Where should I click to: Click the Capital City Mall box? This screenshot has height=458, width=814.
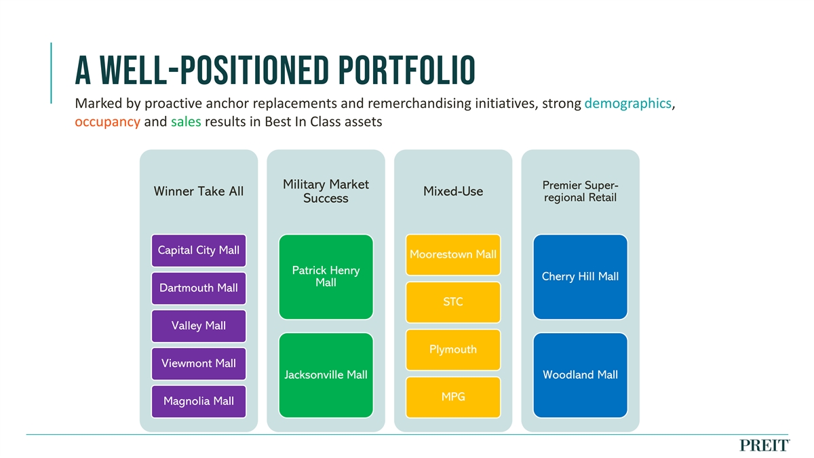(x=198, y=250)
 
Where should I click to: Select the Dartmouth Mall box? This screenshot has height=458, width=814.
(x=198, y=288)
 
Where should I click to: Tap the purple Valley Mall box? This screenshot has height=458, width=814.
(x=198, y=326)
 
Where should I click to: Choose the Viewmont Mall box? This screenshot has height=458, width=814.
(x=198, y=364)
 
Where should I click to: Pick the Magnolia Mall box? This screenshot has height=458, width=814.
(x=198, y=401)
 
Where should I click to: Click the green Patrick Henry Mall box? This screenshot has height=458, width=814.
(x=326, y=277)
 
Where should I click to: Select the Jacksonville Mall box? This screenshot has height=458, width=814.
(x=326, y=375)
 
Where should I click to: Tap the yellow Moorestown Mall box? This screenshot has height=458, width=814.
(x=453, y=255)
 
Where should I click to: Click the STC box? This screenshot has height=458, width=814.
(x=453, y=302)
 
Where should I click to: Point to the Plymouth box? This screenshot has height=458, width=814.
(x=453, y=349)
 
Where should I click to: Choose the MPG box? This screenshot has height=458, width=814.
(x=453, y=396)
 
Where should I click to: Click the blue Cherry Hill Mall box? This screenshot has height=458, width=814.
(x=580, y=277)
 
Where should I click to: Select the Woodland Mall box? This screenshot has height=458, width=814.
(x=580, y=375)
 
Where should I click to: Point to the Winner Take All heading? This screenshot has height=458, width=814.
(x=198, y=191)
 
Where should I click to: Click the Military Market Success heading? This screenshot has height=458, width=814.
(x=326, y=191)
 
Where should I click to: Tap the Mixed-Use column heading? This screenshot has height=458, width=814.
(x=453, y=191)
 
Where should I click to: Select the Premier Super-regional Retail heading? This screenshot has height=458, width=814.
(x=580, y=191)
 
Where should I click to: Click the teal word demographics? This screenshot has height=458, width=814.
(x=627, y=104)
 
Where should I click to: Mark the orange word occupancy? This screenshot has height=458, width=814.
(x=107, y=123)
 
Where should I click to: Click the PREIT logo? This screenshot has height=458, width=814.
(x=764, y=445)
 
